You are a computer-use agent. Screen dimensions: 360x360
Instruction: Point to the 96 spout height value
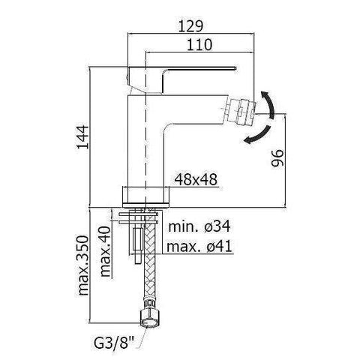(x=277, y=157)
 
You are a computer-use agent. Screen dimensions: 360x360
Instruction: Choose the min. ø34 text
(x=193, y=226)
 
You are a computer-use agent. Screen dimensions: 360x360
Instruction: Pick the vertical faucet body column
(x=149, y=135)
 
